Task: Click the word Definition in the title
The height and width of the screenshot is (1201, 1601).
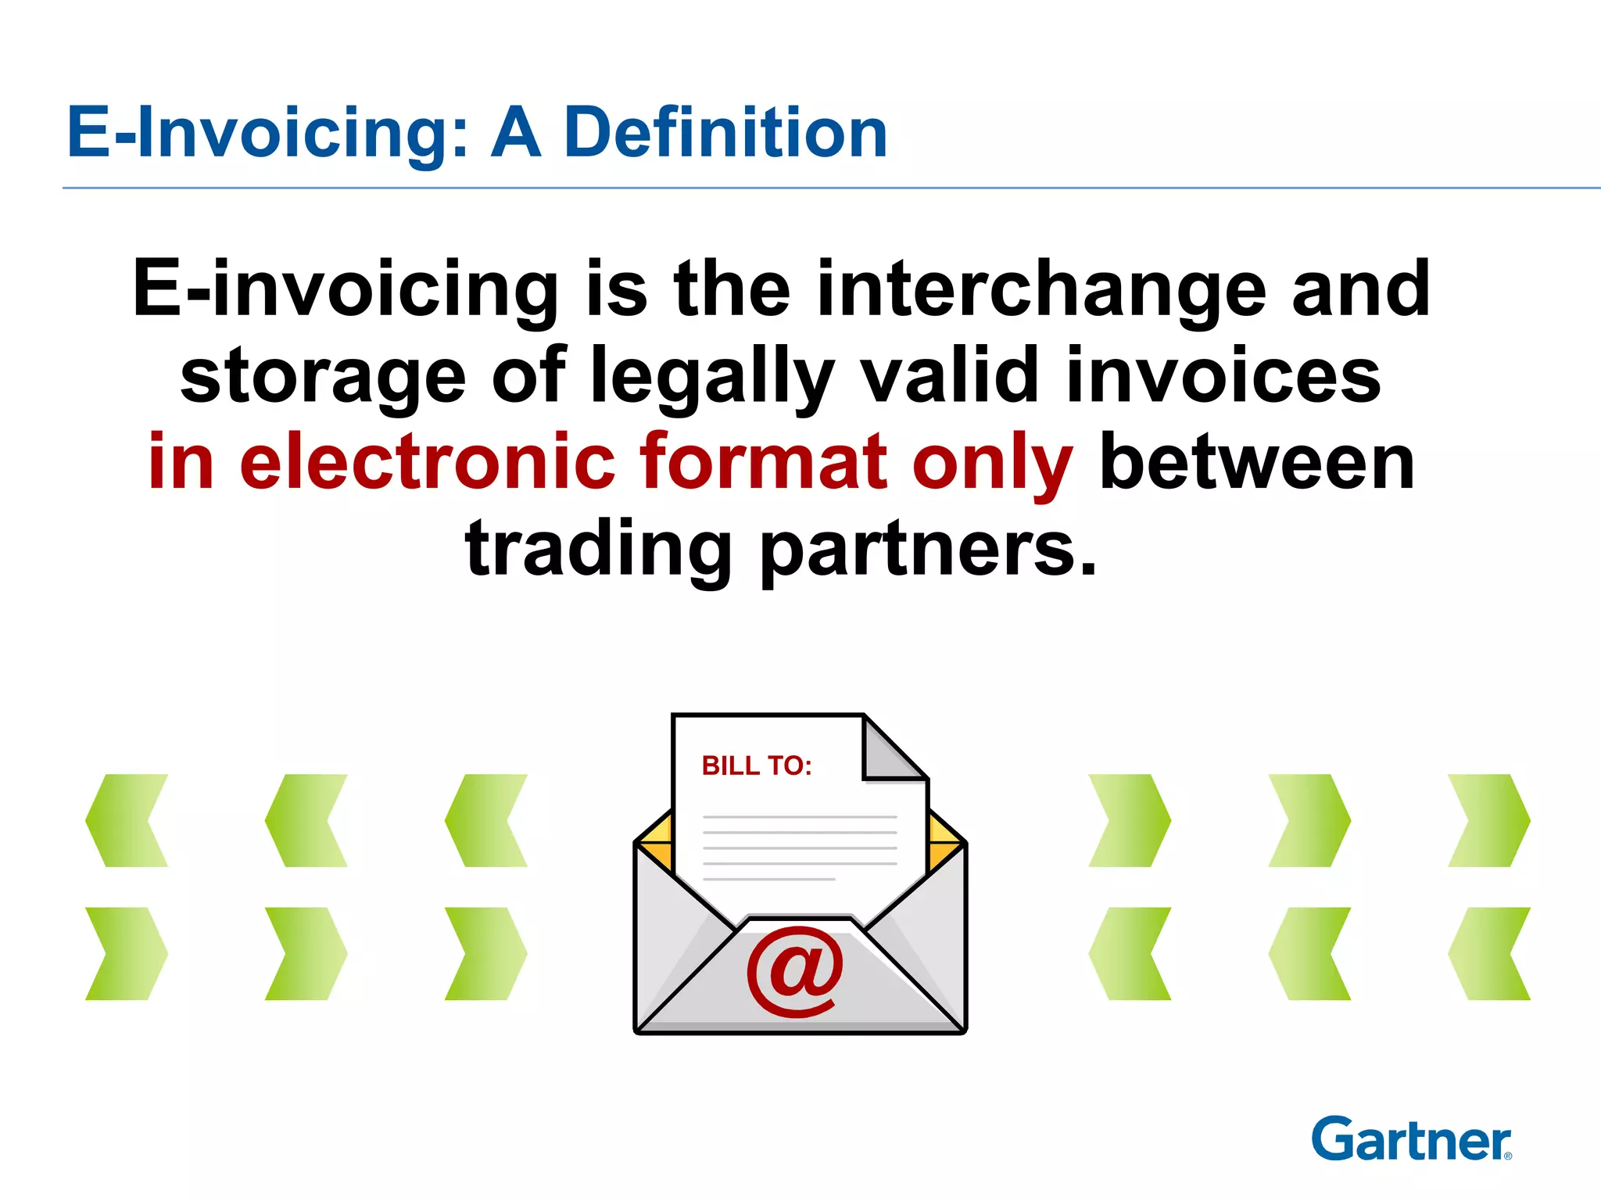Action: click(x=725, y=133)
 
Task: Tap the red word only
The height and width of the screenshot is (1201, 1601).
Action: click(x=992, y=463)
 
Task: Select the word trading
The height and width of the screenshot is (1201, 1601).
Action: click(x=598, y=549)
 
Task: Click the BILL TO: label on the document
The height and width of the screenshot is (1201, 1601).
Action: click(x=757, y=765)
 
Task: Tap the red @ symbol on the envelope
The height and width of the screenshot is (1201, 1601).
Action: click(x=795, y=971)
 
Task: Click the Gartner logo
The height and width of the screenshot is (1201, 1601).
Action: click(x=1411, y=1139)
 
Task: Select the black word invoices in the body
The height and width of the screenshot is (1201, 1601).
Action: click(x=1223, y=377)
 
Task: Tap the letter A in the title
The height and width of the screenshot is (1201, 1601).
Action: click(x=516, y=133)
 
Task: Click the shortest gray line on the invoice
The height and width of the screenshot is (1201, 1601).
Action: click(x=769, y=880)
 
